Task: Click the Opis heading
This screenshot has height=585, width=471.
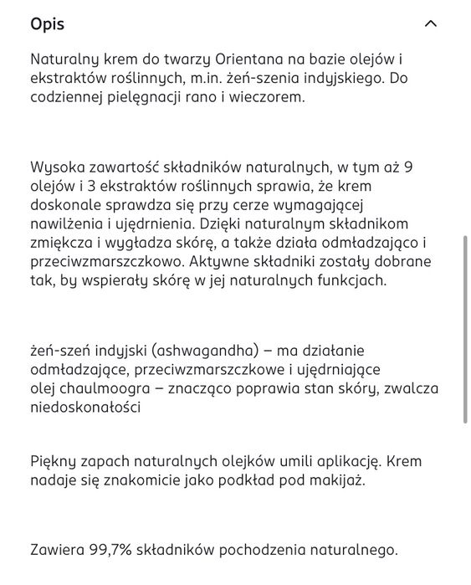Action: tap(47, 23)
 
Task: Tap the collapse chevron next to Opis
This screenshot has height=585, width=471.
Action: tap(431, 23)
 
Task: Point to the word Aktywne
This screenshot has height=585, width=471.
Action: tap(224, 261)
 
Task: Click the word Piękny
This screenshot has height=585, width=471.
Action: tap(54, 461)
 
